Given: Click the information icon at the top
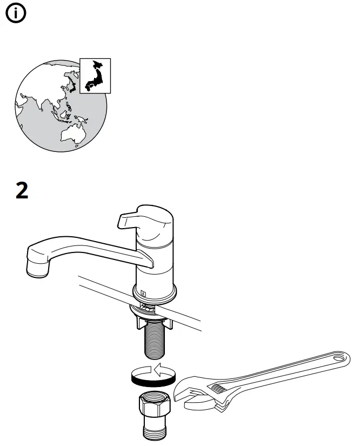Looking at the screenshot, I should pyautogui.click(x=15, y=15).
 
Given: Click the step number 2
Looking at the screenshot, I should pyautogui.click(x=22, y=191).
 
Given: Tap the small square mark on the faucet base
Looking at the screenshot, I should pyautogui.click(x=143, y=294).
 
